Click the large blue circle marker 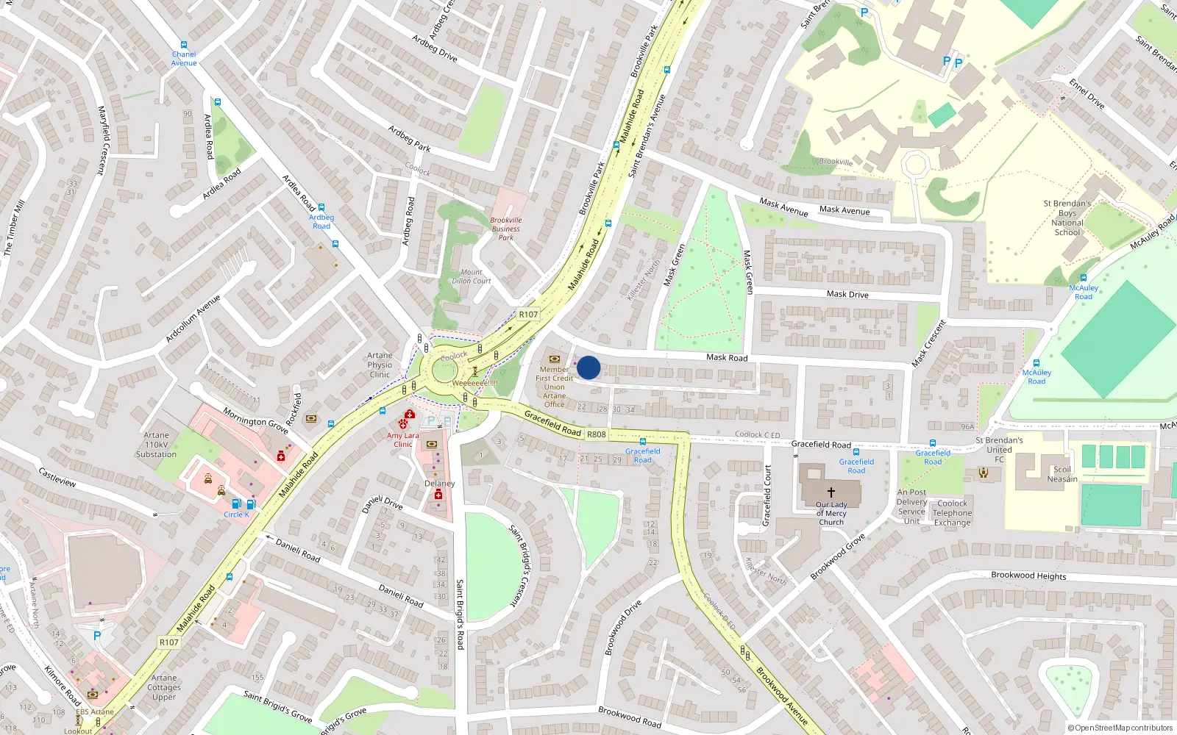coord(588,367)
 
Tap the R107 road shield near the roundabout coord(528,314)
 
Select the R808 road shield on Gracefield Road coord(597,434)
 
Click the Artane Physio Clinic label coord(380,365)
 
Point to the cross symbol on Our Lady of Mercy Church coord(831,492)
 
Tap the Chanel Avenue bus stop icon coord(184,46)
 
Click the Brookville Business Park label coord(506,229)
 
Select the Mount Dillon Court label coord(472,276)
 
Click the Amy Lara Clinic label coord(402,440)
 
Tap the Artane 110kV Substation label coord(156,445)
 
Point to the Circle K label coord(237,514)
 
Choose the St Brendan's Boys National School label coord(1067,218)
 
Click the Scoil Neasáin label coord(1062,474)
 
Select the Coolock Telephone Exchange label coord(953,513)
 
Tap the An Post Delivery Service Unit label coord(911,506)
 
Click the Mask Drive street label coord(847,294)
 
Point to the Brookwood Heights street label coord(1028,576)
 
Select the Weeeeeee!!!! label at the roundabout coord(475,383)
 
